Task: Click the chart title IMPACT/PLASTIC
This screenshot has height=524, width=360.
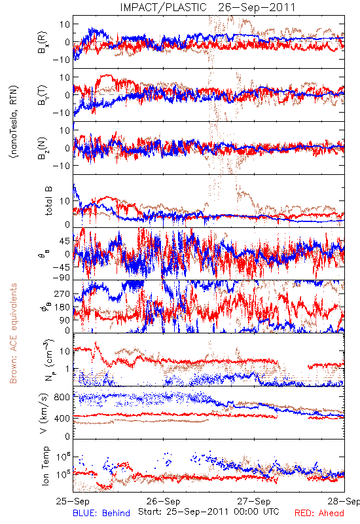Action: coord(163,7)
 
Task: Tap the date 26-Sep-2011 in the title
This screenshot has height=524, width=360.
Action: coord(257,7)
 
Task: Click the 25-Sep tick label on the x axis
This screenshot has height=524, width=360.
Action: coord(73,501)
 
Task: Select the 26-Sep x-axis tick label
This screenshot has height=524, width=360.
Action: coord(163,501)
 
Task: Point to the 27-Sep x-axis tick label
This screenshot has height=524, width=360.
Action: coord(254,501)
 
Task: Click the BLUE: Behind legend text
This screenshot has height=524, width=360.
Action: coord(101,513)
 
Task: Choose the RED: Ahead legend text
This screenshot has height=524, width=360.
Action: coord(319,513)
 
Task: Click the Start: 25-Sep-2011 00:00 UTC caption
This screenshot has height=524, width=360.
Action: coord(209,512)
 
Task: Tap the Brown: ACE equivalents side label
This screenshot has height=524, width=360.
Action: coord(13,333)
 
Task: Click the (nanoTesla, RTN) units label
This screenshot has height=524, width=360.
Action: coord(14,122)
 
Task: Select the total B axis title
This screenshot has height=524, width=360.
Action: coord(48,201)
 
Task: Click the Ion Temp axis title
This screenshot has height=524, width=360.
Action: coord(45,466)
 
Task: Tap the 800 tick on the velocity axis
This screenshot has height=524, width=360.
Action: coord(62,397)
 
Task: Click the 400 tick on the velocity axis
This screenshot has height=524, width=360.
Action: coord(62,418)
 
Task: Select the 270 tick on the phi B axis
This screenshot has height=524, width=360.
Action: coord(62,293)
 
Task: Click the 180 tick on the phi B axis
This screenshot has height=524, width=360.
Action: coord(62,307)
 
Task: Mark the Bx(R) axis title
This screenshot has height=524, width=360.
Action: coord(43,42)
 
